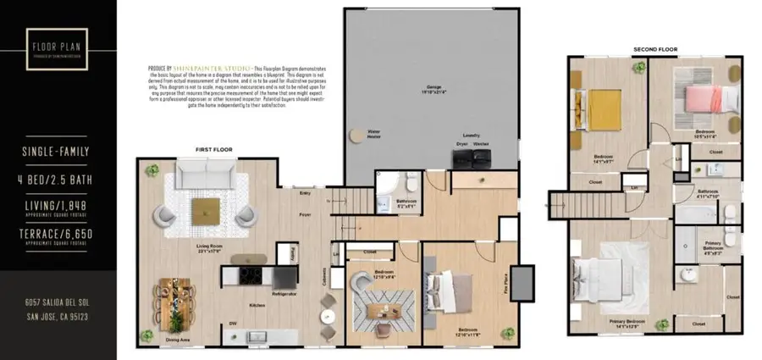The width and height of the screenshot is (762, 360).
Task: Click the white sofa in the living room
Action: (x=206, y=178)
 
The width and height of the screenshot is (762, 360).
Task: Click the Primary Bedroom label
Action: (x=627, y=322)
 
